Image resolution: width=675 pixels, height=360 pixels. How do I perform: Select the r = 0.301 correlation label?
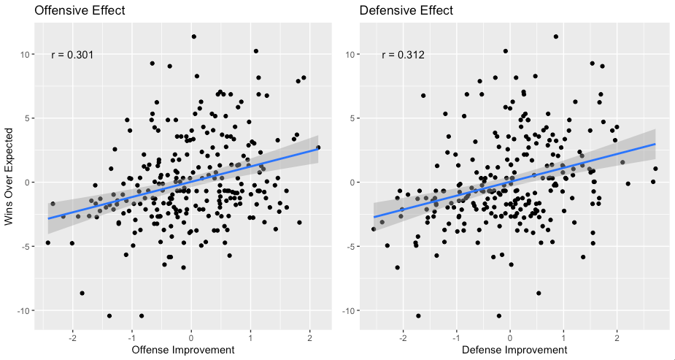click(72, 55)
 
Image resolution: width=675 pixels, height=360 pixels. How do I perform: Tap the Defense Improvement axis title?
click(509, 351)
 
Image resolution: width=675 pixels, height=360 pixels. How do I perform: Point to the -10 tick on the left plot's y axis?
click(22, 310)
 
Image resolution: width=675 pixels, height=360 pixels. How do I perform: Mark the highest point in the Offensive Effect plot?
click(194, 37)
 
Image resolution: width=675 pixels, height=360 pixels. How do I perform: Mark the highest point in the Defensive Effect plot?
click(556, 37)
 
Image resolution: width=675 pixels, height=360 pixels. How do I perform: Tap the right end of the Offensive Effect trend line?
click(318, 148)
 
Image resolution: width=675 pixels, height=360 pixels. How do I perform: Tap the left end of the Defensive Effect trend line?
click(374, 217)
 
